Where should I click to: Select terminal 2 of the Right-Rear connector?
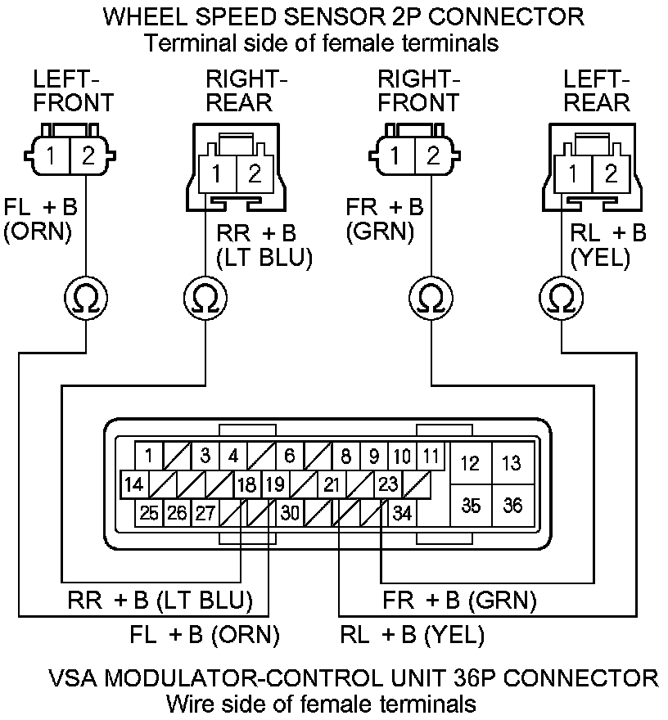click(255, 173)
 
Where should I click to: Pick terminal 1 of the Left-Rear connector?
click(574, 173)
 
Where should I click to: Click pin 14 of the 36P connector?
click(134, 484)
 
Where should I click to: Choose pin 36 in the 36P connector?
click(512, 504)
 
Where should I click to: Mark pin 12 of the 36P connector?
click(471, 464)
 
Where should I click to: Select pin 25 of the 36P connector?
click(149, 513)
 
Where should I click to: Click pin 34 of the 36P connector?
click(402, 513)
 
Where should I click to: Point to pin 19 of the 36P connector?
click(274, 484)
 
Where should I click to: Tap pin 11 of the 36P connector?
click(431, 456)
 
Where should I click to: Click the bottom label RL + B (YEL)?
click(412, 635)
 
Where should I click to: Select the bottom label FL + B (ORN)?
click(205, 635)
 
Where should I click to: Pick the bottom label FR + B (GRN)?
click(459, 601)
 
